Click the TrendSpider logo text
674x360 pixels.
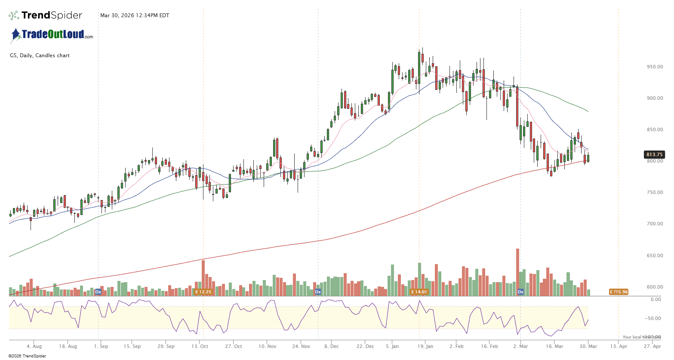(x=51, y=15)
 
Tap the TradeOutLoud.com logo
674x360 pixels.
(x=52, y=35)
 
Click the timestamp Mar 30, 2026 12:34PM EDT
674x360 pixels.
(x=135, y=15)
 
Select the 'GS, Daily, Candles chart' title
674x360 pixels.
(x=40, y=55)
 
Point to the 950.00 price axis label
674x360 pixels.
(x=655, y=67)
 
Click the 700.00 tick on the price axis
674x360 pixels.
(x=655, y=224)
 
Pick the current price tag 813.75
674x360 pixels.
(x=654, y=154)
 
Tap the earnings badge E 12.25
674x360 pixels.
(x=203, y=292)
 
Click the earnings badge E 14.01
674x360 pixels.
(x=419, y=292)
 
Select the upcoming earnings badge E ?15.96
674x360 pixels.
(x=619, y=292)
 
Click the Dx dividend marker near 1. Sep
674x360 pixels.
(x=98, y=292)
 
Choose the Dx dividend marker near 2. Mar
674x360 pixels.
(x=520, y=292)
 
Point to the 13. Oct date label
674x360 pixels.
(x=200, y=346)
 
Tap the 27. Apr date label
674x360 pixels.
(x=652, y=346)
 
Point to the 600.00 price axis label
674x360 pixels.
(x=655, y=287)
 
